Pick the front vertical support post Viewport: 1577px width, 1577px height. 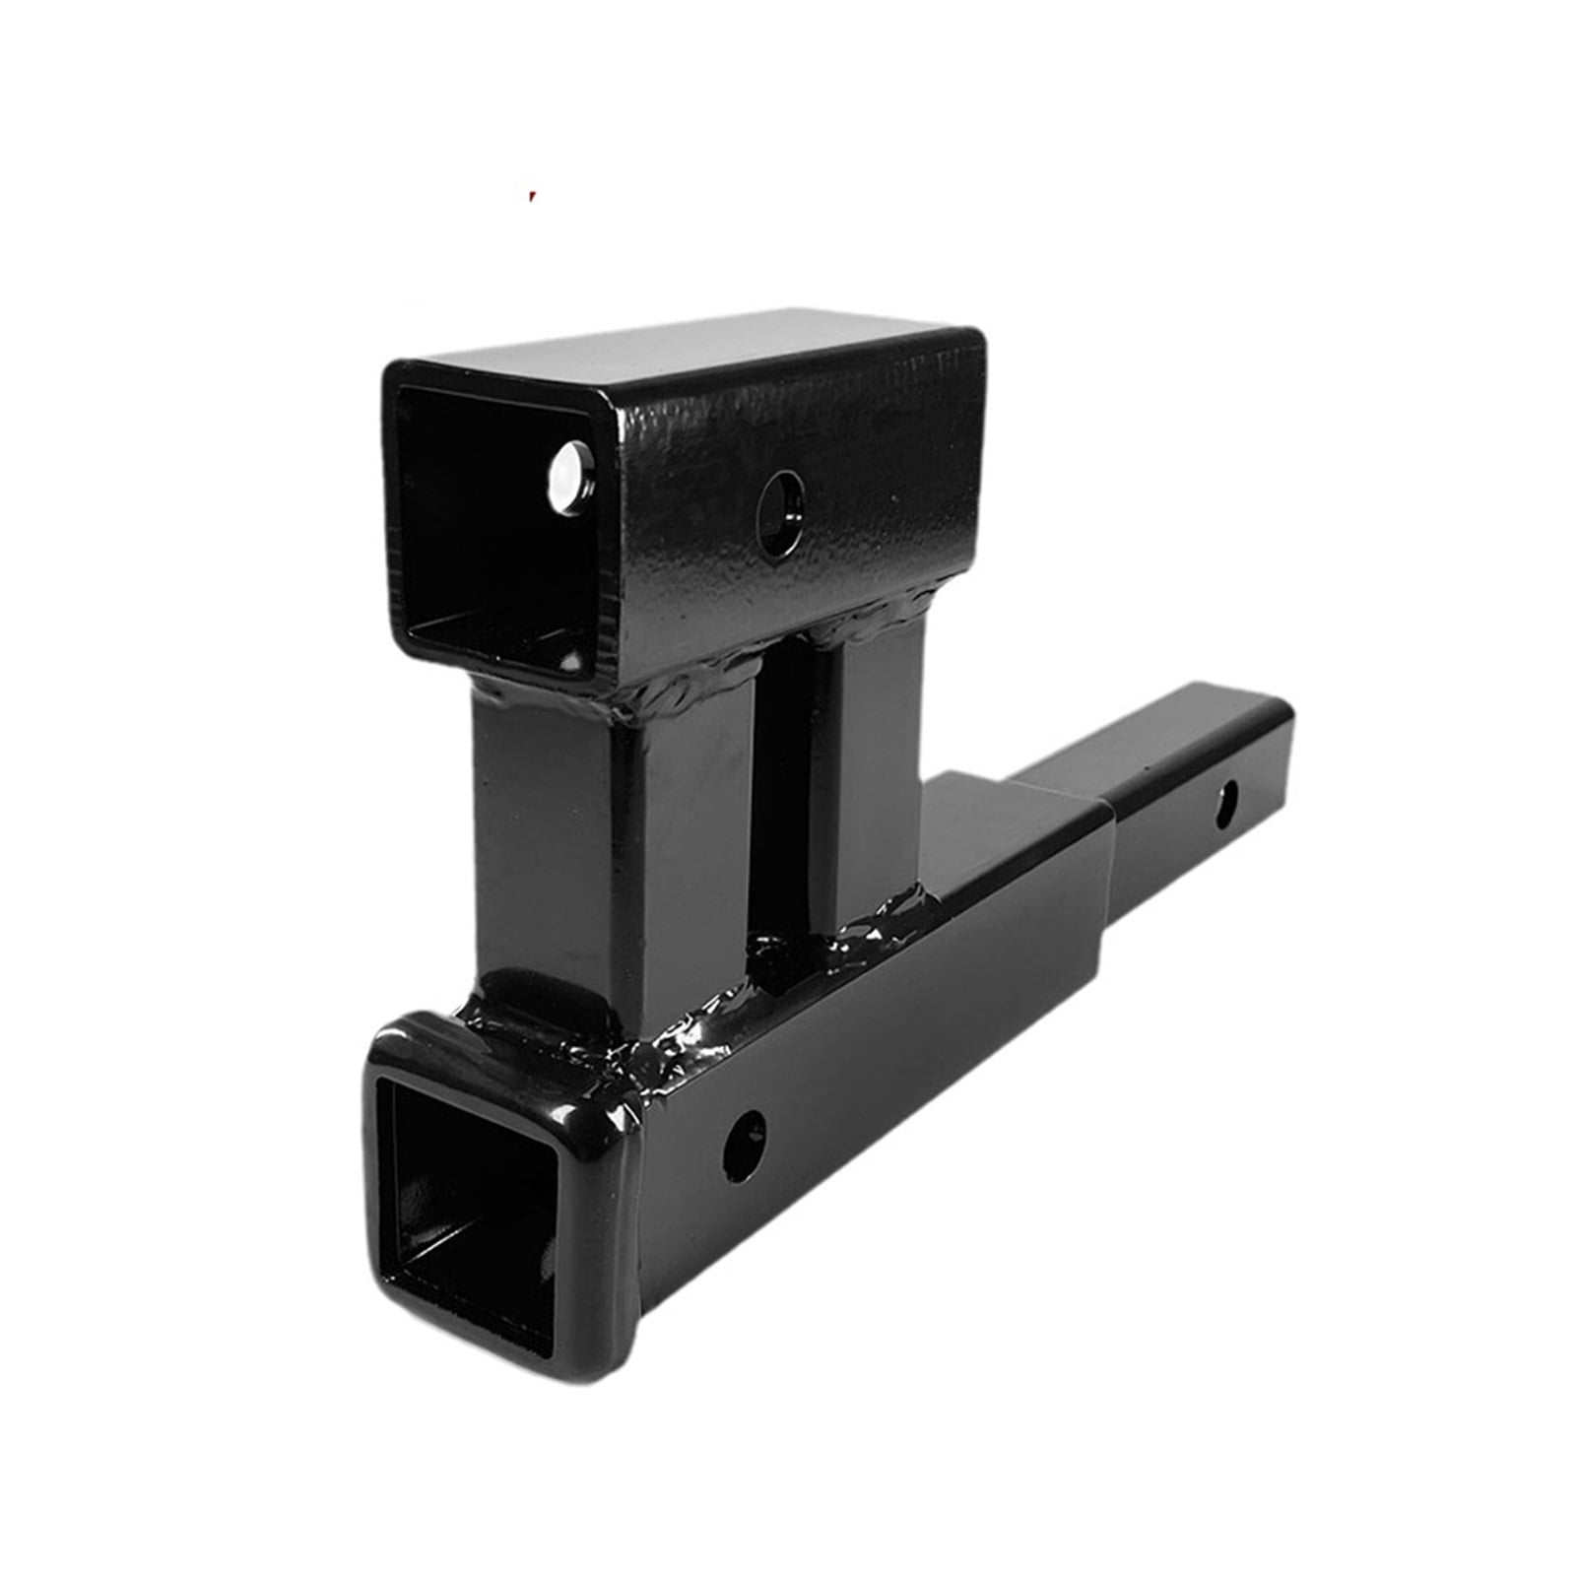(x=552, y=847)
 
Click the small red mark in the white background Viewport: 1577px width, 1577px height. (x=532, y=195)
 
